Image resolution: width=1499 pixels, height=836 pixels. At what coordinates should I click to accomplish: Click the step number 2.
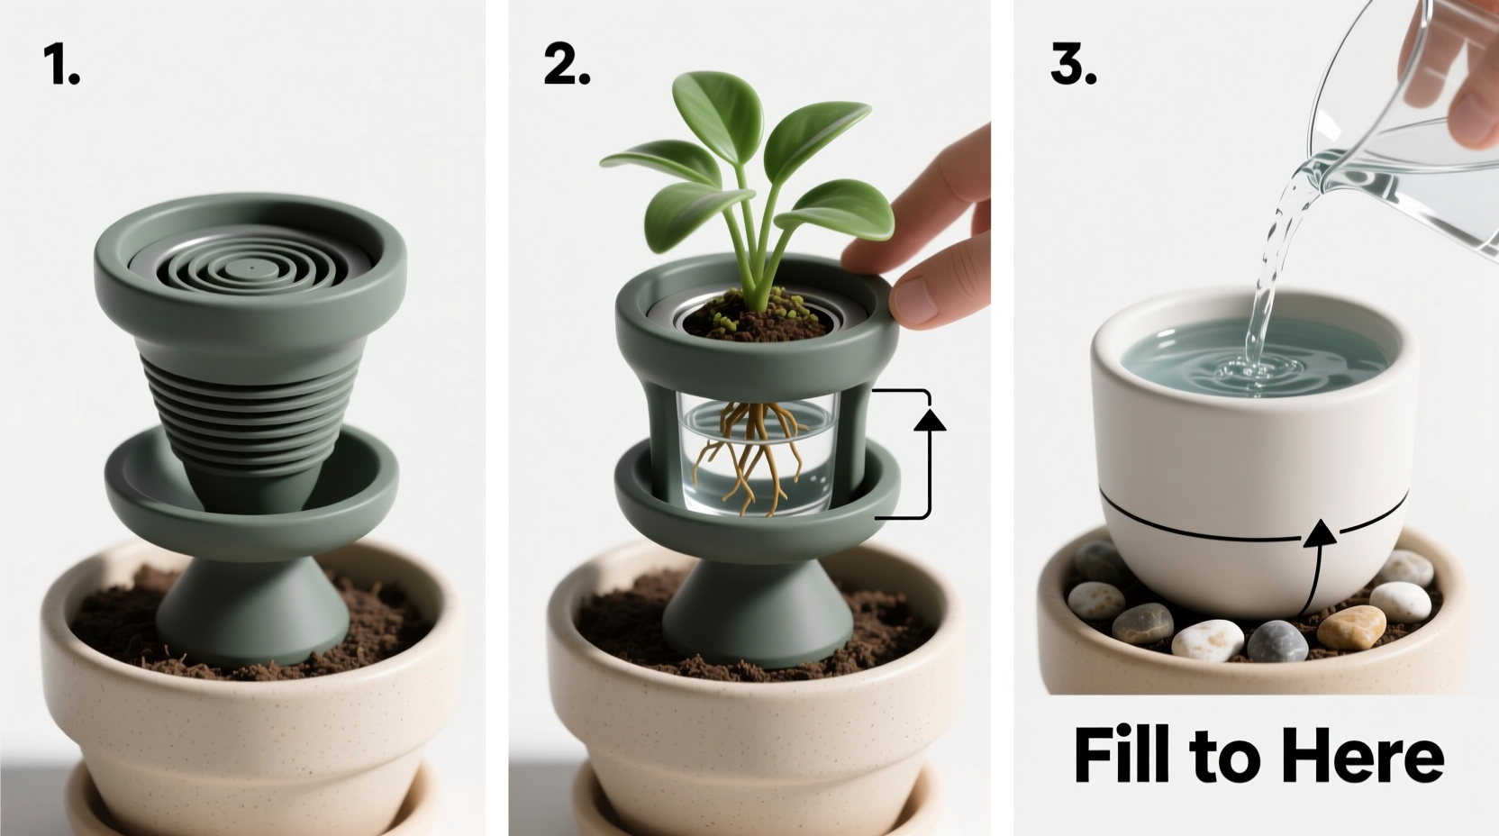pyautogui.click(x=565, y=66)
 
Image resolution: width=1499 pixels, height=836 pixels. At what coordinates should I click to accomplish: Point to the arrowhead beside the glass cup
pyautogui.click(x=930, y=419)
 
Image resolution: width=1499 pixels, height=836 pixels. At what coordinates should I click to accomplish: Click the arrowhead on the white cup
pyautogui.click(x=1322, y=532)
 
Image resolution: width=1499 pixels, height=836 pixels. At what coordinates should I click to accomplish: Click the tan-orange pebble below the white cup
pyautogui.click(x=1350, y=626)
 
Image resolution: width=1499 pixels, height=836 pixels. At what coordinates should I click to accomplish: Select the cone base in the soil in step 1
pyautogui.click(x=252, y=613)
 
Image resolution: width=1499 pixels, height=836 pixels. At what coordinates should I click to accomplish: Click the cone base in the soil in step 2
pyautogui.click(x=757, y=613)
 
